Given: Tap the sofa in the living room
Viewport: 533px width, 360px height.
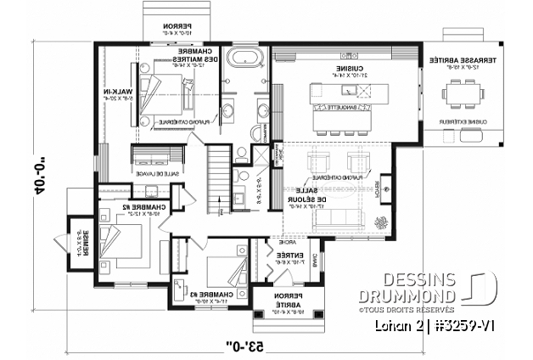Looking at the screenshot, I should (x=326, y=219).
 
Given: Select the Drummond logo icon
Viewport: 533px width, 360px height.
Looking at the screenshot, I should (x=481, y=287).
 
